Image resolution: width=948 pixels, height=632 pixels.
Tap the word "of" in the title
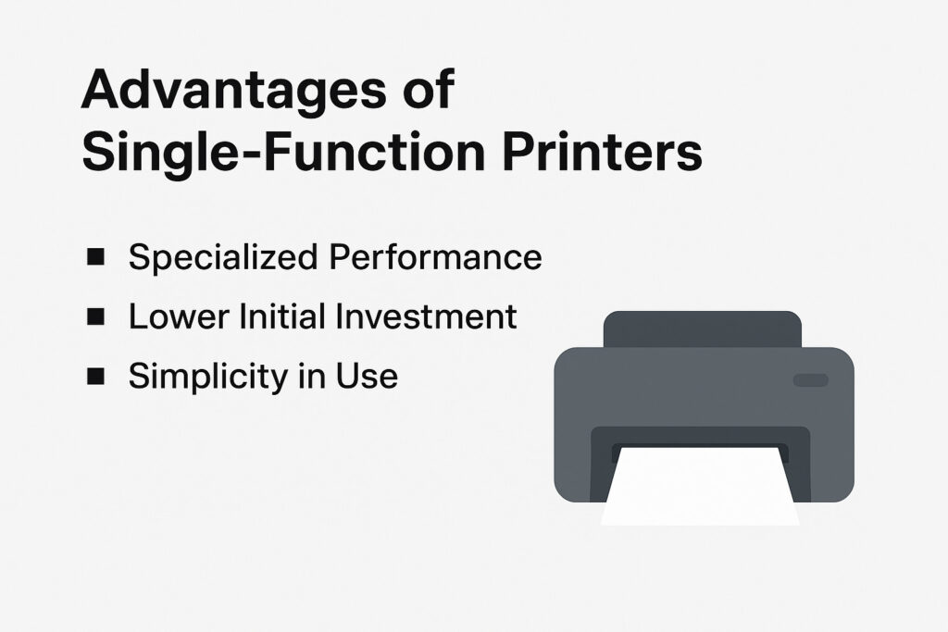point(429,89)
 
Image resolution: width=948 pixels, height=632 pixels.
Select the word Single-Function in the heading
point(283,154)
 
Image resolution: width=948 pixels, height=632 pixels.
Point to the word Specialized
point(223,258)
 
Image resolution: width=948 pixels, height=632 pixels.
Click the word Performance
point(435,257)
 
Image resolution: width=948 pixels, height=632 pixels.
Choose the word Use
point(367,375)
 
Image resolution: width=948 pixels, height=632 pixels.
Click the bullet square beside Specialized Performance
point(95,257)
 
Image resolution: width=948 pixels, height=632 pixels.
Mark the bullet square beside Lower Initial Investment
point(95,316)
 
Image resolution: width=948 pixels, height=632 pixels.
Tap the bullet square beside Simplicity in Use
point(95,376)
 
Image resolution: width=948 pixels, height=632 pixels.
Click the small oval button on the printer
point(811,380)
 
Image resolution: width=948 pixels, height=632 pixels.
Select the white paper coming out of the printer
point(700,486)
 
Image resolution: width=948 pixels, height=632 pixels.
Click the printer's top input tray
point(703,329)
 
